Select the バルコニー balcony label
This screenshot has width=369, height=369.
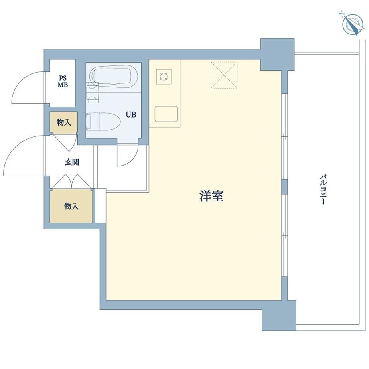point(323,192)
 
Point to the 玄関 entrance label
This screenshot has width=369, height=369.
point(72,162)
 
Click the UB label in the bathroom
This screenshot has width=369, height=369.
point(131,115)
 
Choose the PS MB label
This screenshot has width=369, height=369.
point(63,81)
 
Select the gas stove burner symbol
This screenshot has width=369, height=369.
point(164,77)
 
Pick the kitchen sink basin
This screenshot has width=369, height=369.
point(166,114)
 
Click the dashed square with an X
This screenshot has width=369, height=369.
point(224,75)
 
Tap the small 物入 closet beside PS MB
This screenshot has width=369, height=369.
point(63,122)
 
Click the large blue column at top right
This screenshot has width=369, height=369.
point(278,54)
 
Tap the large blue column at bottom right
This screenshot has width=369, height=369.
point(279,316)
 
